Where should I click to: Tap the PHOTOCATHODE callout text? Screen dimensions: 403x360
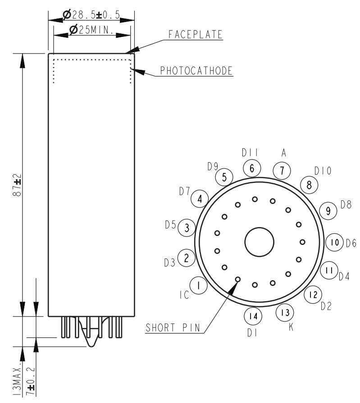click(x=196, y=71)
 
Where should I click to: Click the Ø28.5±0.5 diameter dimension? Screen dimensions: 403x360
click(x=91, y=15)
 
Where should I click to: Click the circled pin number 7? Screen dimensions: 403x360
click(x=282, y=171)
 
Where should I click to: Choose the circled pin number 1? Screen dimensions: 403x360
click(x=198, y=285)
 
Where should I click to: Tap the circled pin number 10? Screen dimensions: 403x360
click(x=334, y=243)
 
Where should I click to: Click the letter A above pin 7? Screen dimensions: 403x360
click(x=283, y=154)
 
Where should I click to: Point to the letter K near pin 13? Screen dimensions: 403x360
click(x=291, y=328)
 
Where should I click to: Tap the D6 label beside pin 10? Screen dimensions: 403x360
click(x=351, y=243)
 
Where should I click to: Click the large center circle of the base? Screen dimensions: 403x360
click(x=259, y=242)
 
